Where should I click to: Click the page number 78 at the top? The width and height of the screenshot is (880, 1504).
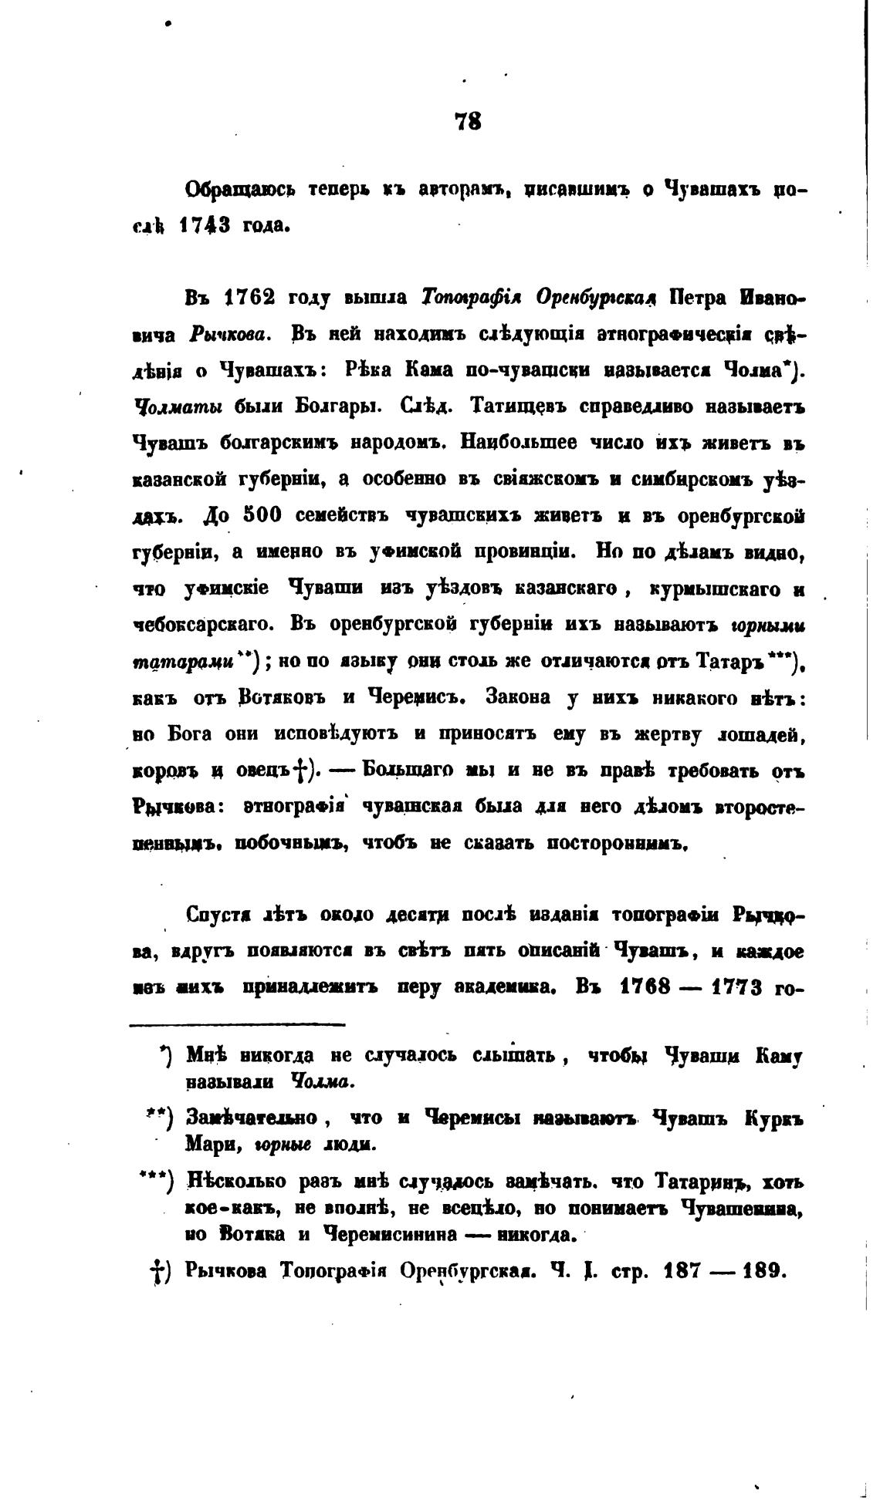pyautogui.click(x=469, y=121)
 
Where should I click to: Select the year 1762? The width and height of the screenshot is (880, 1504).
pyautogui.click(x=249, y=298)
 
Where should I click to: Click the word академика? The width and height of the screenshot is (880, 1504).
pyautogui.click(x=516, y=988)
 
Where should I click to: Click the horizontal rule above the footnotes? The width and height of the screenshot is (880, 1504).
pyautogui.click(x=238, y=1024)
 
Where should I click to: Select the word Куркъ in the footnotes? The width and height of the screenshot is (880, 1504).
pyautogui.click(x=774, y=1118)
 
